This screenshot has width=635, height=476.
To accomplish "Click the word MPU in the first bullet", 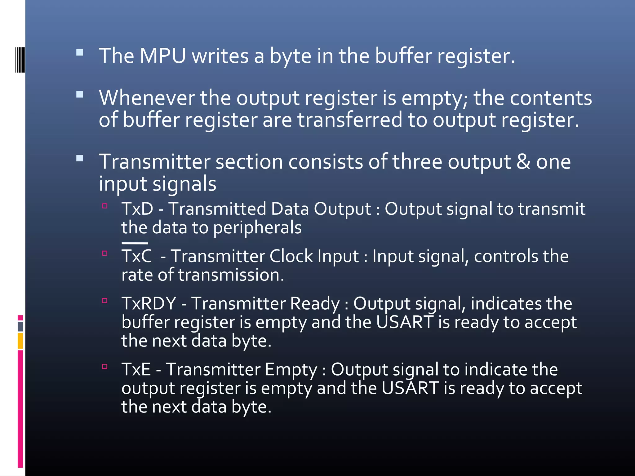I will (162, 56).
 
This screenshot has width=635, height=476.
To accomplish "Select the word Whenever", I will (147, 98).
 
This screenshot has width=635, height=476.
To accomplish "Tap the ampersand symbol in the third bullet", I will (523, 162).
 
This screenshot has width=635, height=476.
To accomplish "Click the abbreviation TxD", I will (137, 209).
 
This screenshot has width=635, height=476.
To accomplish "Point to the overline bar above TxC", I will (135, 243).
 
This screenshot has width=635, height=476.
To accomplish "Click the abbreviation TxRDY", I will (149, 303).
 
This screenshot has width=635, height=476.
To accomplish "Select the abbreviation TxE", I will (136, 369).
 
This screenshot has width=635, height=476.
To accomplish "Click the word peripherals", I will (257, 228).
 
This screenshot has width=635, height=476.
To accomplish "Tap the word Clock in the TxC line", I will (291, 256).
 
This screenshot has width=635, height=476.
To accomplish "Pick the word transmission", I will (231, 275).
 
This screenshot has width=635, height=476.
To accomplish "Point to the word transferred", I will (350, 120).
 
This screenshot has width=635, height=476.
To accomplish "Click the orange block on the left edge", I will (20, 341).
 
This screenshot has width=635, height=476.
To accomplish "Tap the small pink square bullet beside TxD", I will (105, 206).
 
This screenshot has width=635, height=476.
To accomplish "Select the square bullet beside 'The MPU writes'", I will (80, 52).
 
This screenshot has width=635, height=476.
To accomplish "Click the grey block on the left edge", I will (20, 326).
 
